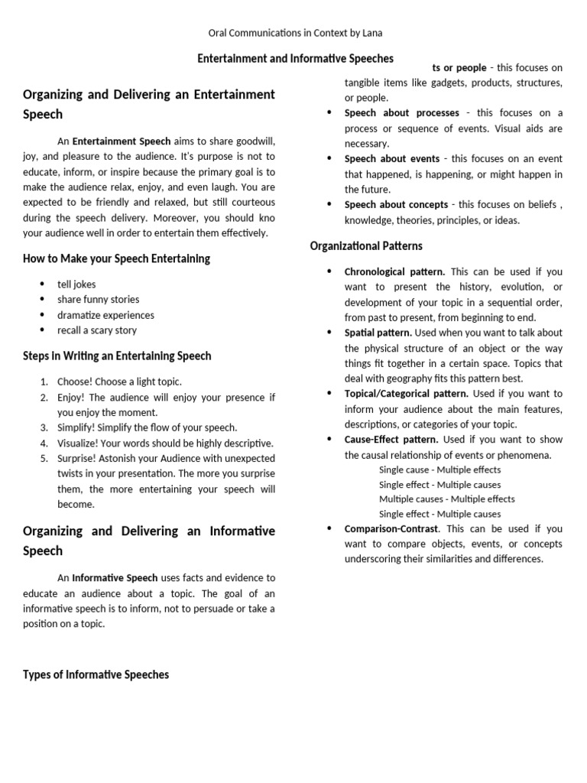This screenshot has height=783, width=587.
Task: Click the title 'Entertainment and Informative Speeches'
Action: coord(296,58)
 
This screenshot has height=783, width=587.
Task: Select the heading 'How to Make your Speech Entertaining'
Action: coord(116,258)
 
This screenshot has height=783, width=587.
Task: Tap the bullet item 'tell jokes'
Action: coord(76,284)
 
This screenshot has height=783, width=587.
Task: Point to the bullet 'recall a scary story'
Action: coord(97,330)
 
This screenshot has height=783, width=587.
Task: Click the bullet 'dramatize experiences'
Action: coord(105,315)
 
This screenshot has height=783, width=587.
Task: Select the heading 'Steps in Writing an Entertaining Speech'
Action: coord(117,356)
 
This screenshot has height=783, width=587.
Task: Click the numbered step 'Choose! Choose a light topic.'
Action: coord(119,382)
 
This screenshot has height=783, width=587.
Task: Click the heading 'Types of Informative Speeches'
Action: coord(96,674)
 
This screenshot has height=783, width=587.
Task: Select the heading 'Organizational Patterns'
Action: coord(365,245)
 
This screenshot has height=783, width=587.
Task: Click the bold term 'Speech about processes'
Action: coord(401,113)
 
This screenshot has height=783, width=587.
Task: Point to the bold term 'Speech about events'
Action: coord(391,159)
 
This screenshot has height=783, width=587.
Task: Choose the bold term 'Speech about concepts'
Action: coord(396,205)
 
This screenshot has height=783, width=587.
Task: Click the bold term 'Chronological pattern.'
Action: coord(394,271)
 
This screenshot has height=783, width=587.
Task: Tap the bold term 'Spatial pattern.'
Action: coord(378,333)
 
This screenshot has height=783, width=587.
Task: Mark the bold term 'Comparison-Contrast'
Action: coord(391,528)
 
